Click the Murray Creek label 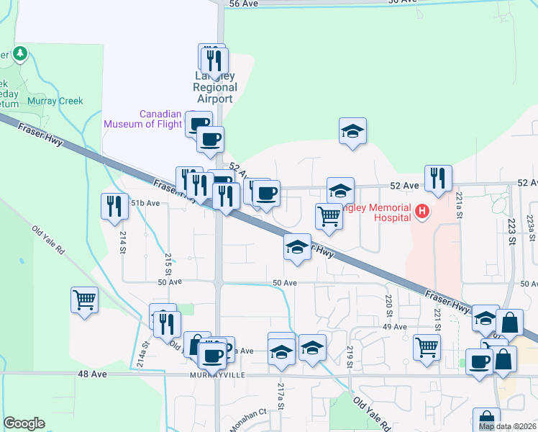55,102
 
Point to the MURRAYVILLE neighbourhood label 215,376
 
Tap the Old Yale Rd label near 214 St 48,240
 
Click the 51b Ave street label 145,204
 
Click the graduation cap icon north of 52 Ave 352,131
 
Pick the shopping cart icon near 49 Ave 427,347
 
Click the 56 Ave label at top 243,4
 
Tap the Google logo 24,423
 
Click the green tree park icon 20,53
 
